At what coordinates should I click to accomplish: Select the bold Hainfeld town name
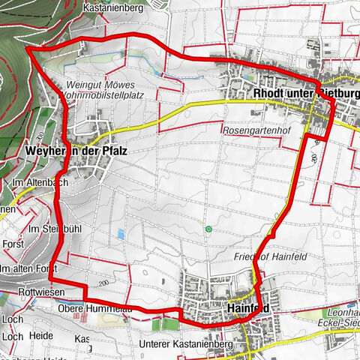tap(247, 307)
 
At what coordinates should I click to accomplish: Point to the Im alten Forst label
tap(30, 268)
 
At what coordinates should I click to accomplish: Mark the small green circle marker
tap(208, 228)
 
